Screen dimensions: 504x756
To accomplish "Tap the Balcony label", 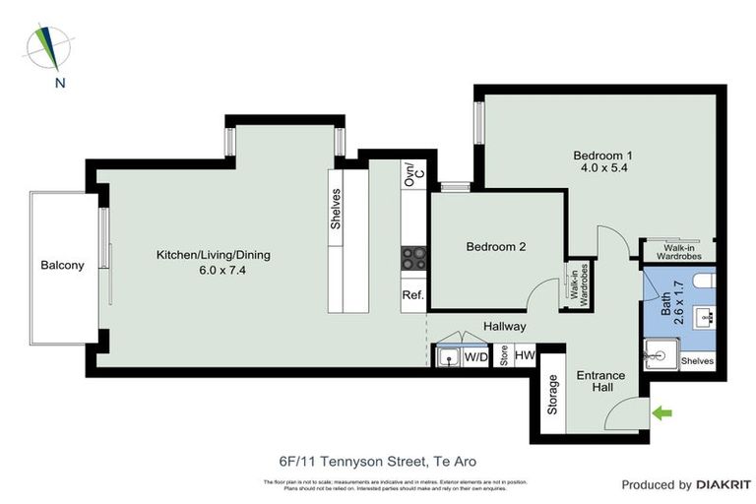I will click(x=62, y=265).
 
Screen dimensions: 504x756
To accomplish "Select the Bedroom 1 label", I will click(x=603, y=156).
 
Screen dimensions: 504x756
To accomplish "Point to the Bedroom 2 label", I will click(x=495, y=247).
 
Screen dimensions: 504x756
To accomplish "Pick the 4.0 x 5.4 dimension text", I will click(x=603, y=169).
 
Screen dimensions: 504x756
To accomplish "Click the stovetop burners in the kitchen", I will click(x=412, y=258).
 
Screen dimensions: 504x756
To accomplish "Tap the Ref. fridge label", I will click(x=412, y=295).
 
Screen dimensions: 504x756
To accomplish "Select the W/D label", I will click(x=475, y=355).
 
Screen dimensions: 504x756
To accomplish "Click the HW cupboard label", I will click(x=525, y=355).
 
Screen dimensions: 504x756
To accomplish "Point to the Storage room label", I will click(x=553, y=394).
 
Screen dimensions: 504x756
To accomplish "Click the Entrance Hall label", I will click(x=600, y=382).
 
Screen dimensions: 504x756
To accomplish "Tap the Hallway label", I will click(x=505, y=327).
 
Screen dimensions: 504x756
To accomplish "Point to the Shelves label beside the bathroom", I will click(x=697, y=361).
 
